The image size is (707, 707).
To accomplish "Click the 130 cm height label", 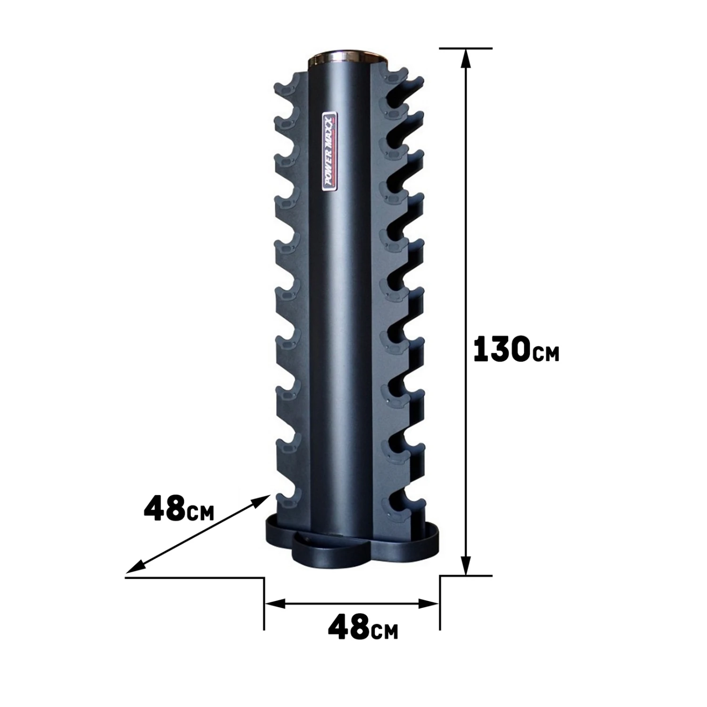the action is tap(516, 349).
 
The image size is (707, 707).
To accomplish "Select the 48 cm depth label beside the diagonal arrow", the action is tap(179, 508).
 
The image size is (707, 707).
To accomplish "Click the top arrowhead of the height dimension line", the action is tap(466, 58).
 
